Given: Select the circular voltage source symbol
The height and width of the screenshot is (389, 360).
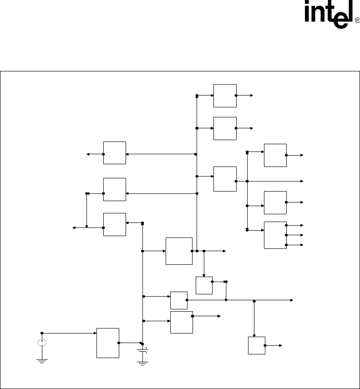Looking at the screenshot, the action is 41,343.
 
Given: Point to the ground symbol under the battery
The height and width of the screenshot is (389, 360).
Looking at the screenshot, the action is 143,362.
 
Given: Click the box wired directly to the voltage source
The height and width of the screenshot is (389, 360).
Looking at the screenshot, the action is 108,343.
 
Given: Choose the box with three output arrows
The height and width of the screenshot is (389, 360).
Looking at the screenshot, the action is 275,235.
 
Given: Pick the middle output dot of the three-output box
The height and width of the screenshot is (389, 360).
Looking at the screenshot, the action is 286,235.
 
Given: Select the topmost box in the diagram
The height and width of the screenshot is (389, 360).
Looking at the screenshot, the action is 225,96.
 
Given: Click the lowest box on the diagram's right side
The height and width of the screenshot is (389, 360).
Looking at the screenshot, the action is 256,345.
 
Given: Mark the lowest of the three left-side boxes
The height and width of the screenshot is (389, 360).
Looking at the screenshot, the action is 114,224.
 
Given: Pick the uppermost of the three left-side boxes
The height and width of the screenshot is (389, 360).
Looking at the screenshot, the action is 114,153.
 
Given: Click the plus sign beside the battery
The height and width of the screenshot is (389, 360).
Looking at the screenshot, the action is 147,348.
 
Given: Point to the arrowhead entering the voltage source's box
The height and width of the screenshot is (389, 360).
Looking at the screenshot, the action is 94,333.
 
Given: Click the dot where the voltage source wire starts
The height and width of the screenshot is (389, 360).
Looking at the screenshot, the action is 42,333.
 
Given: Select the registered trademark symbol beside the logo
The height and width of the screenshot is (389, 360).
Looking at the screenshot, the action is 357,20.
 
